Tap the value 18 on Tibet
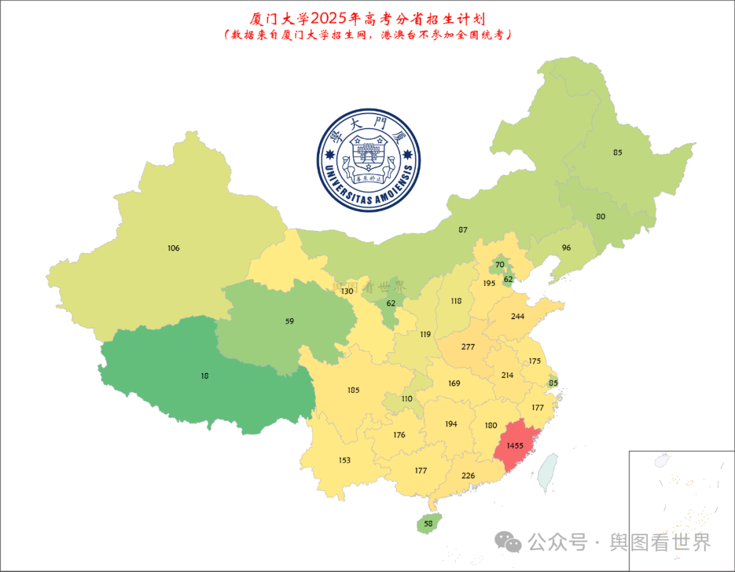(205, 375)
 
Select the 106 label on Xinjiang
(174, 249)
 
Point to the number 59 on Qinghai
(289, 321)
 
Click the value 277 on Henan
(468, 347)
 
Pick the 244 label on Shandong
(517, 317)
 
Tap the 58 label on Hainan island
(427, 524)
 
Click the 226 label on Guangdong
(468, 475)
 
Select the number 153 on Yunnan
(344, 460)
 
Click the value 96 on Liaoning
(566, 248)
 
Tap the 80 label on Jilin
(600, 217)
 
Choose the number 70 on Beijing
(500, 265)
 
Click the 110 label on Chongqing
(407, 399)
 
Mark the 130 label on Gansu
(347, 291)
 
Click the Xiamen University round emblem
(368, 160)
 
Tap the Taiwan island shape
(547, 472)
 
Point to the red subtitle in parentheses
(367, 35)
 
